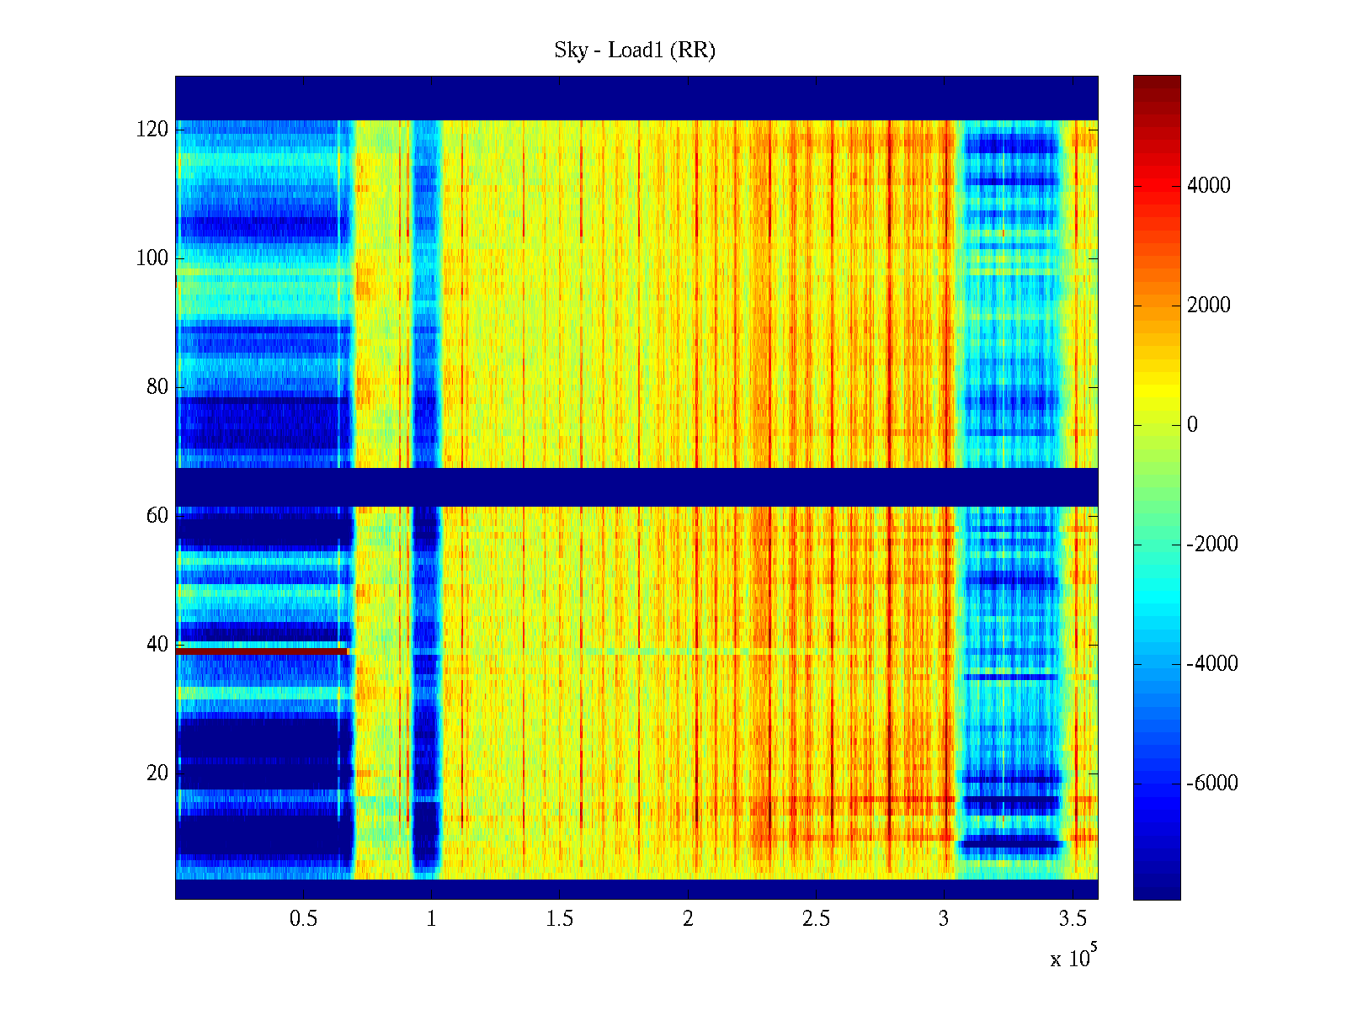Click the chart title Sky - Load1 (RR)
tap(635, 50)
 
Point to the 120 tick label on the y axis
tap(152, 130)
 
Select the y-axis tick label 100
tap(152, 258)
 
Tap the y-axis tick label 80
tap(157, 387)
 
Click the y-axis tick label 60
tap(157, 516)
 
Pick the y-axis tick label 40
tap(157, 645)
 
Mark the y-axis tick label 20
tap(157, 773)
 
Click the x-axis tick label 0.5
tap(303, 919)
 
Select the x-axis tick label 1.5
tap(560, 919)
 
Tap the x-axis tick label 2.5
tap(816, 919)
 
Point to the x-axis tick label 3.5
tap(1073, 919)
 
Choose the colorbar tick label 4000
tap(1208, 186)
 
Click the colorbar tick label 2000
tap(1208, 306)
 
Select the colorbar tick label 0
tap(1192, 425)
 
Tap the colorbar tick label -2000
tap(1211, 545)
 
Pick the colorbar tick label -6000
tap(1211, 784)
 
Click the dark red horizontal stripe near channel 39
tap(262, 651)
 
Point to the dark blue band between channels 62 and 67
tap(636, 487)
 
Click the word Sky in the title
tap(571, 50)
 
